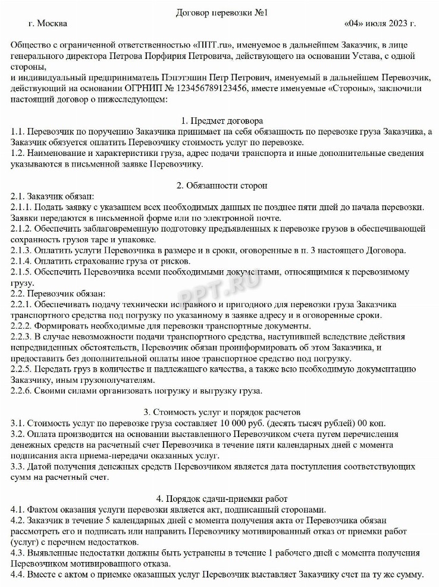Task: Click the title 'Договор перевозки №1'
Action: coord(219,12)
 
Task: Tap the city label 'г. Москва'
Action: coord(48,24)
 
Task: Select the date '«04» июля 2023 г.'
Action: coord(380,24)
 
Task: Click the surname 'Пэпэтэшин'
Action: coord(186,77)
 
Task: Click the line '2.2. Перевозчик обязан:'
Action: coord(58,293)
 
